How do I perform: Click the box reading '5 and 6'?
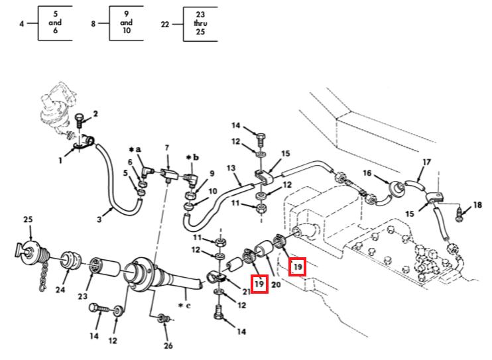[54, 23]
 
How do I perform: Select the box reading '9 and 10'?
[126, 23]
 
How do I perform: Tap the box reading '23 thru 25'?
[201, 23]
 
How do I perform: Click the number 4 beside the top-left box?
[22, 24]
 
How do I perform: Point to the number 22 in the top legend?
[165, 24]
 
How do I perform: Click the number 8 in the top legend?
[93, 24]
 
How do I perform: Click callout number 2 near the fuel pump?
[95, 114]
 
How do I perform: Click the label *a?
[136, 150]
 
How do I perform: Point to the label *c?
[184, 306]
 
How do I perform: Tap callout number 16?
[366, 173]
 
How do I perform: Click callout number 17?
[427, 161]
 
